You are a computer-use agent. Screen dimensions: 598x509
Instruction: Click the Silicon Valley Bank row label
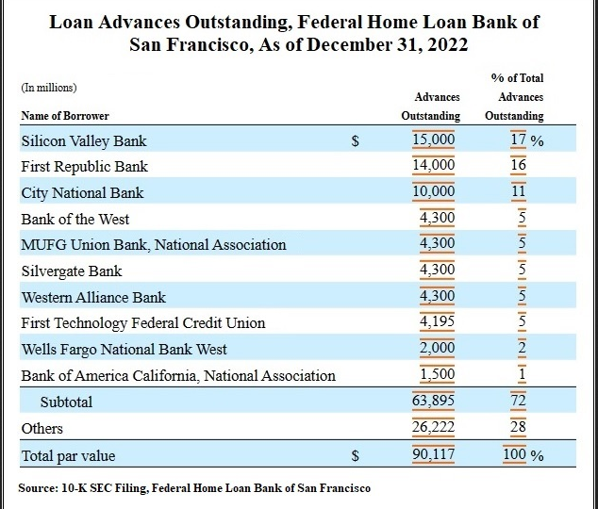coord(84,141)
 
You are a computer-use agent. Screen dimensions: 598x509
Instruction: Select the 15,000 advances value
coord(434,140)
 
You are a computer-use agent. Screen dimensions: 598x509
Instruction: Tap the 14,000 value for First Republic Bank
coord(434,165)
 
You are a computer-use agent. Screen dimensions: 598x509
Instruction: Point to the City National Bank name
coord(82,193)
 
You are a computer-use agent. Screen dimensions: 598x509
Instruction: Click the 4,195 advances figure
coord(437,321)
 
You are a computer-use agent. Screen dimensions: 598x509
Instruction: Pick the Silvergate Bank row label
coord(72,271)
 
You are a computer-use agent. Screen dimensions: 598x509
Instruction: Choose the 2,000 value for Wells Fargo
coord(437,348)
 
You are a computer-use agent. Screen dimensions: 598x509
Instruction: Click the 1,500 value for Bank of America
coord(437,374)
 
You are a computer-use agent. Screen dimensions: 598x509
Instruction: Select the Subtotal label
coord(66,402)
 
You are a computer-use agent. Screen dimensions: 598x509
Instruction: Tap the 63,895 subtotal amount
coord(433,401)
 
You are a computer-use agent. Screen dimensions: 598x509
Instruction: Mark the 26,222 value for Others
coord(433,427)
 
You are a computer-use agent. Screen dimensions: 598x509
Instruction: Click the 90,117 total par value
coord(433,454)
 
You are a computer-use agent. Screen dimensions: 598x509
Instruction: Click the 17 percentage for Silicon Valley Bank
coord(518,140)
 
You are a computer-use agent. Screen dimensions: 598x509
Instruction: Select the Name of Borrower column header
coord(65,116)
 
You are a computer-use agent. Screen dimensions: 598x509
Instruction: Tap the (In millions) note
coord(49,88)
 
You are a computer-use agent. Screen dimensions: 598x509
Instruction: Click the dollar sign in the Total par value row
coord(355,455)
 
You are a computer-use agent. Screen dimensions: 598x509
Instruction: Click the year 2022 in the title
coord(448,44)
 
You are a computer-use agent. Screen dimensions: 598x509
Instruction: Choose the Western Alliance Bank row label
coord(93,297)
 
